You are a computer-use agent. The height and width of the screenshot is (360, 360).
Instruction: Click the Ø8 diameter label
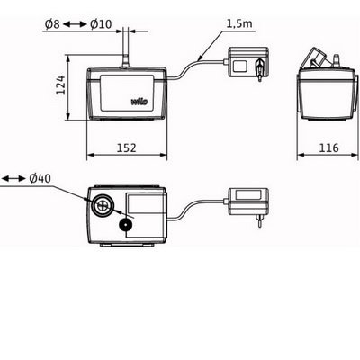coord(52,24)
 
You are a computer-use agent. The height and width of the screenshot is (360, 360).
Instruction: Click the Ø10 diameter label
coord(101,24)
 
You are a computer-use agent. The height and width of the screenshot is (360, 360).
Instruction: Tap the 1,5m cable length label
coord(239,23)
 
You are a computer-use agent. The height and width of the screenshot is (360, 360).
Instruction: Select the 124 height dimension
coord(61,85)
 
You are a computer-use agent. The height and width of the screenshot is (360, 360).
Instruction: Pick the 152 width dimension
coord(126,148)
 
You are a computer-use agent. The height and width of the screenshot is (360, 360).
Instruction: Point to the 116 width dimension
coord(328,148)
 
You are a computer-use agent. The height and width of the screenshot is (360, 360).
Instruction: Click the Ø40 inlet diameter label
coord(40,179)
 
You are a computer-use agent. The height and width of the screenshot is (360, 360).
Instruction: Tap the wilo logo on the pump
coord(139,102)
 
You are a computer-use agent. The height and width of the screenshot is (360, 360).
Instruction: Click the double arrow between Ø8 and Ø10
coord(75,24)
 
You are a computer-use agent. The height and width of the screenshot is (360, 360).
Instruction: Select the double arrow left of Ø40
coord(13,179)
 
